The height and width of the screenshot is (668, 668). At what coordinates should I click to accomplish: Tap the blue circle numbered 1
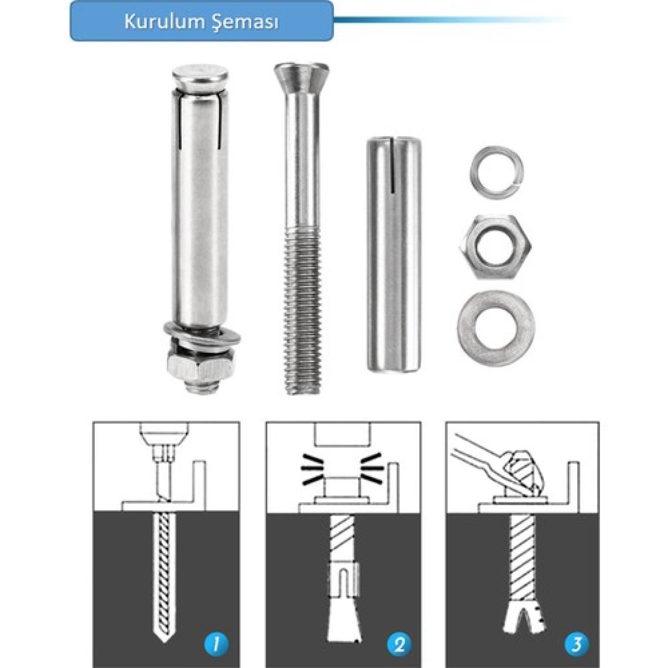[216, 644]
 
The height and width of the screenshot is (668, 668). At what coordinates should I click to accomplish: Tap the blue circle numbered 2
[399, 644]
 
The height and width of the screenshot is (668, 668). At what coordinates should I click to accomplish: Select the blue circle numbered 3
[577, 644]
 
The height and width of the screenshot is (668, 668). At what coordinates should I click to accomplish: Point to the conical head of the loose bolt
[301, 79]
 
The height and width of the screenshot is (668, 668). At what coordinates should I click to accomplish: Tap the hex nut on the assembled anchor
[200, 365]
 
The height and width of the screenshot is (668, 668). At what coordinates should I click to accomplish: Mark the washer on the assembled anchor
[202, 335]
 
